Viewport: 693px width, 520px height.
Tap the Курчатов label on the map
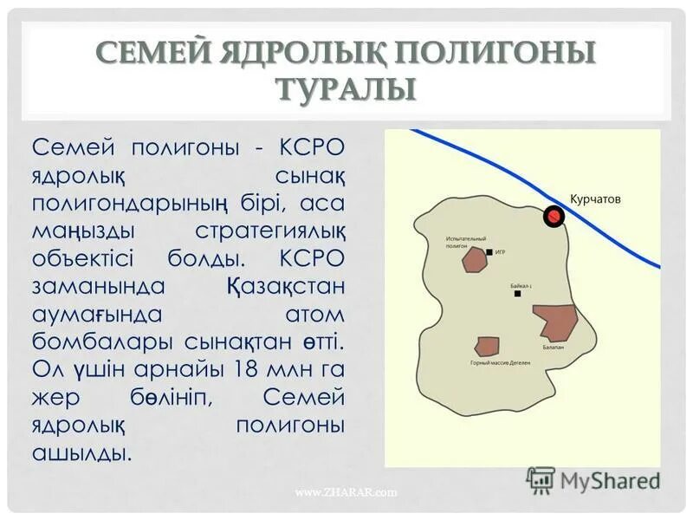click(595, 198)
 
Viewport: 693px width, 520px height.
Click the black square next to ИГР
click(489, 252)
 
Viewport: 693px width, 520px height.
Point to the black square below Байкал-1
click(517, 293)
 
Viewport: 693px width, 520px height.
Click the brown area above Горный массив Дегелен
click(488, 346)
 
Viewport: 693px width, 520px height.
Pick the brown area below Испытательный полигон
click(474, 260)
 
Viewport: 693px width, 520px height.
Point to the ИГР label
click(501, 252)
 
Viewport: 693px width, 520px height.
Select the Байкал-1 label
click(521, 283)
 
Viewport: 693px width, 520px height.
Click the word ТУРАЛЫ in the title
click(346, 88)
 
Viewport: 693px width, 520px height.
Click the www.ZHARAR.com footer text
click(346, 493)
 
